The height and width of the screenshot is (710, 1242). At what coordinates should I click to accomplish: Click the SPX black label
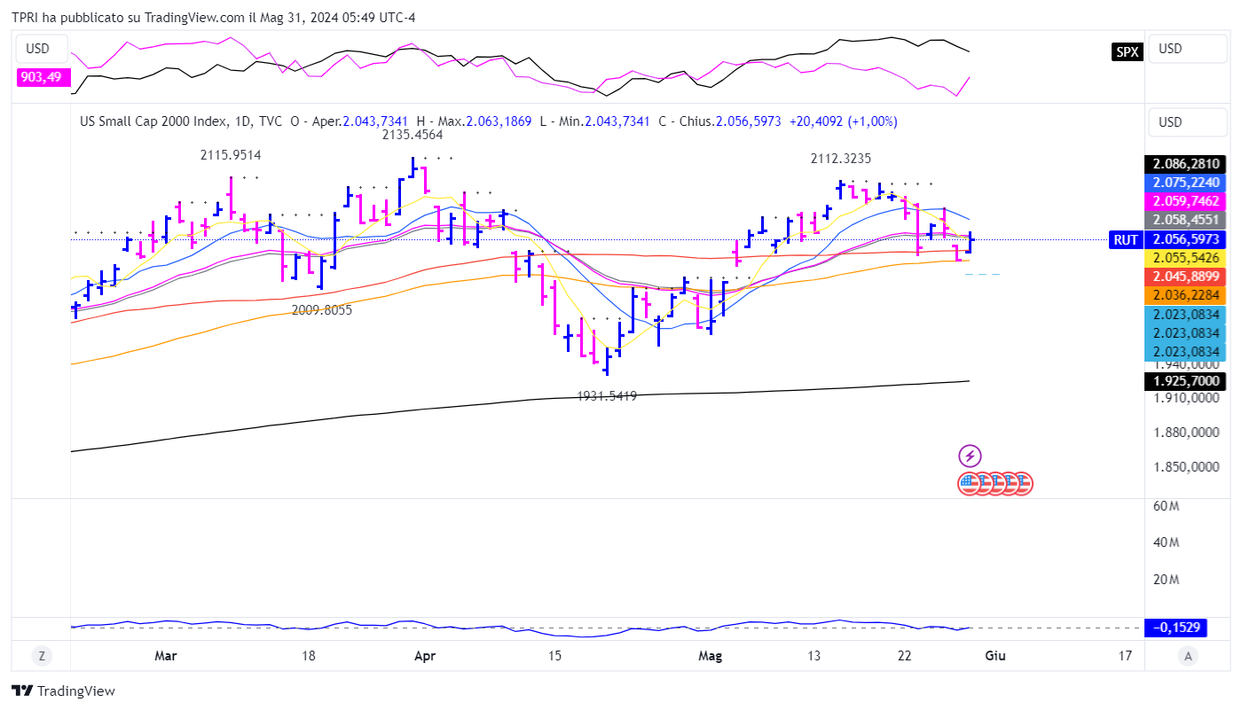pos(1127,51)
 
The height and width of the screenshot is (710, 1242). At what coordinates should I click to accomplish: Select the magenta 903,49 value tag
pos(41,77)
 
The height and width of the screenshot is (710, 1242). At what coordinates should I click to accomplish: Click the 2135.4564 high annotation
pos(413,136)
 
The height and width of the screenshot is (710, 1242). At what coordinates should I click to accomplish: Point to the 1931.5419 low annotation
pos(607,396)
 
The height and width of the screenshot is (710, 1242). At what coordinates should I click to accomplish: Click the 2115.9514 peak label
pos(230,155)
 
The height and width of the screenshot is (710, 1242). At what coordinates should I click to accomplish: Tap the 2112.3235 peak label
pos(840,159)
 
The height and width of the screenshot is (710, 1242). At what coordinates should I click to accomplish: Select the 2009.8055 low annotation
pos(322,310)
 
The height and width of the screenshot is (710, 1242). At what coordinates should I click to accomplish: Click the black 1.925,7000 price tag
pos(1185,381)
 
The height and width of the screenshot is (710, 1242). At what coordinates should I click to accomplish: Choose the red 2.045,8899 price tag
pos(1185,276)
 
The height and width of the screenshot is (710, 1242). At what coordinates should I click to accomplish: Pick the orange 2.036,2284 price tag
pos(1185,294)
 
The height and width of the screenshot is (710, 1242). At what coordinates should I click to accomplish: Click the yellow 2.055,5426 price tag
pos(1185,257)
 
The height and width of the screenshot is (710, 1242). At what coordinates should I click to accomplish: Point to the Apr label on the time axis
pos(426,656)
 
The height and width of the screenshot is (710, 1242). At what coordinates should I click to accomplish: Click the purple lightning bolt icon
pos(970,456)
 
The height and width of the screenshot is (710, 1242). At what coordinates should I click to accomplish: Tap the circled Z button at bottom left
pos(41,656)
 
